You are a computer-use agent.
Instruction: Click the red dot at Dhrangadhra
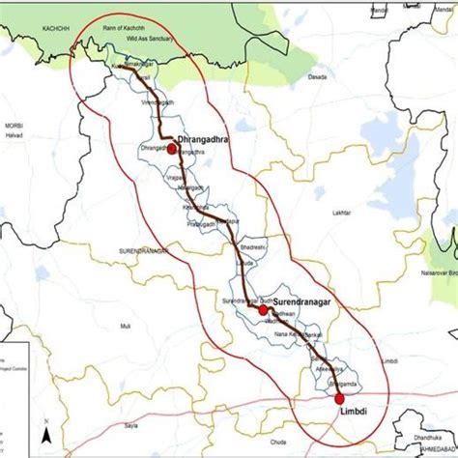coord(171,150)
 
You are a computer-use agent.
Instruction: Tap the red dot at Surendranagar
coord(263,310)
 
